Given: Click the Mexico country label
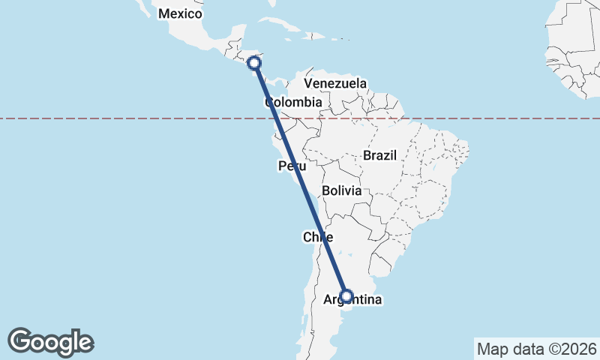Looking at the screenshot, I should pos(181,13).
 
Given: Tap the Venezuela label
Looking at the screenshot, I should pos(335,83).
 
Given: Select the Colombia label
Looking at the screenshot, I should pos(293,102).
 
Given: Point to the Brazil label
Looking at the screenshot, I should pos(379,155).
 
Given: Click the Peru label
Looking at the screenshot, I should pos(291,166).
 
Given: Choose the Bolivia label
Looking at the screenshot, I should pos(342,190).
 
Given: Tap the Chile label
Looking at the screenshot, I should pos(317,237).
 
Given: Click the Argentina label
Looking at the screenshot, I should pos(352,300).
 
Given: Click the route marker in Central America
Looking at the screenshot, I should pos(254,63).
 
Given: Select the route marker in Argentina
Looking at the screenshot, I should pos(346,296).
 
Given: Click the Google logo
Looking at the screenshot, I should pos(50,342).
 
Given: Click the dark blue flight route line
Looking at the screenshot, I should pos(300,180).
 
